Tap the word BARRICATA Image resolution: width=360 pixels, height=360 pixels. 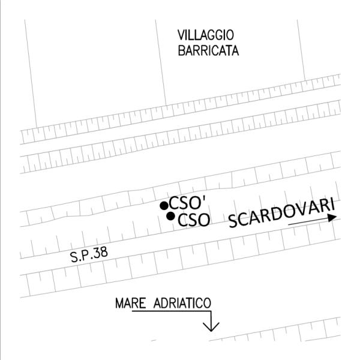point(208,50)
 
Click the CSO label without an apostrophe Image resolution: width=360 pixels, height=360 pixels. point(194,220)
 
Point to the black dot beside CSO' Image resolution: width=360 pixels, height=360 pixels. point(164,206)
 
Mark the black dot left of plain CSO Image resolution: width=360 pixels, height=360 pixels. point(171,216)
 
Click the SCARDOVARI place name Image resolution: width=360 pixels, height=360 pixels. point(281,213)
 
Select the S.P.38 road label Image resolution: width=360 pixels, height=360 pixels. point(89,256)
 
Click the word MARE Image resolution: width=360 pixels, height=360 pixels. point(129,304)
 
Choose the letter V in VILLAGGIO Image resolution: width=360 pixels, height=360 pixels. point(181,35)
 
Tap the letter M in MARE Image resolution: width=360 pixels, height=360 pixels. point(119,304)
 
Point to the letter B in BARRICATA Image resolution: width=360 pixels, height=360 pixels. point(181,50)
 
